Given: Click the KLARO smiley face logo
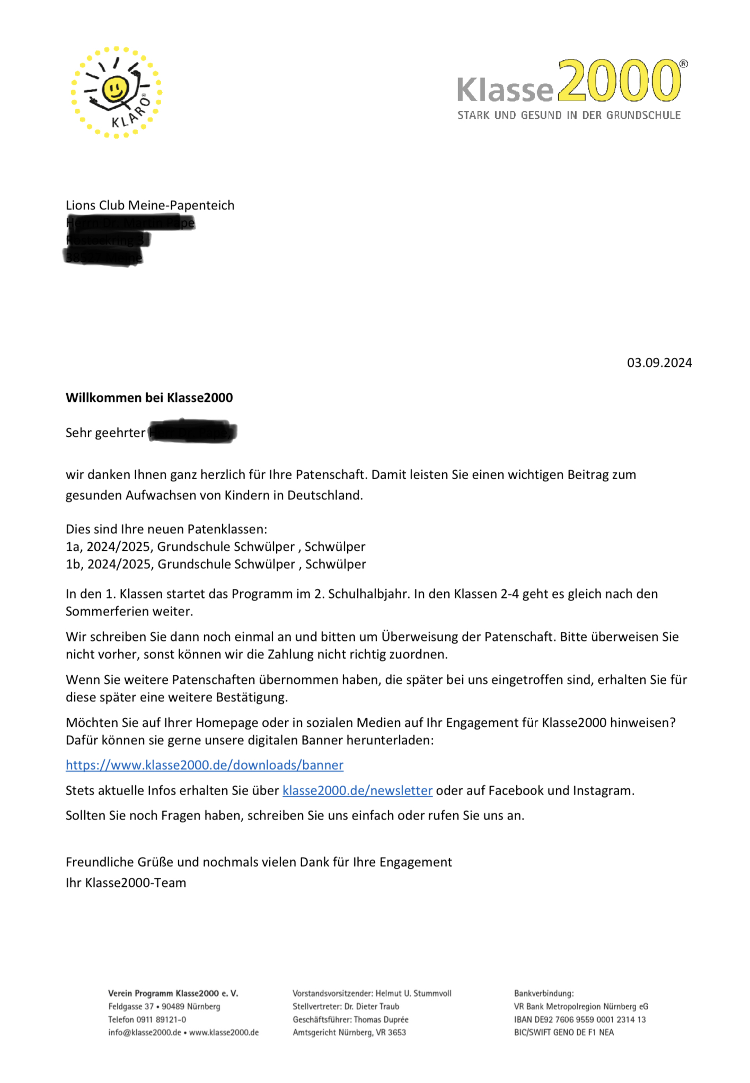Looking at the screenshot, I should (116, 92).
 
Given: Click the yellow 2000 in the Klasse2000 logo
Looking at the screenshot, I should (619, 81).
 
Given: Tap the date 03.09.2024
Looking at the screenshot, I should (659, 363).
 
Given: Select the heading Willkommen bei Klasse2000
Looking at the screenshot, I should (149, 398).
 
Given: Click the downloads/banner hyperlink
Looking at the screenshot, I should (205, 765).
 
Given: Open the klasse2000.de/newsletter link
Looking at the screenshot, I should (357, 790).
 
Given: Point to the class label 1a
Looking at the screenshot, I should (74, 547).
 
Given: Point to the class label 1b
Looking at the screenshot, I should (74, 564).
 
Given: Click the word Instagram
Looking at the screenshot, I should (602, 790).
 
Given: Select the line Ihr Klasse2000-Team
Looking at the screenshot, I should (126, 883).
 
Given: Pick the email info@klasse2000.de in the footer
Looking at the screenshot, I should (144, 1032).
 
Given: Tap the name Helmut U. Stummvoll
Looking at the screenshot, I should (413, 993).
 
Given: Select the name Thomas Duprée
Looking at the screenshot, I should (381, 1019).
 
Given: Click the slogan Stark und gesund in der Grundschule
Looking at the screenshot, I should (569, 115).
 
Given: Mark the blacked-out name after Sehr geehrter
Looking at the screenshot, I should (192, 433).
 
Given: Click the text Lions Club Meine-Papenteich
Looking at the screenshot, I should (150, 205).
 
